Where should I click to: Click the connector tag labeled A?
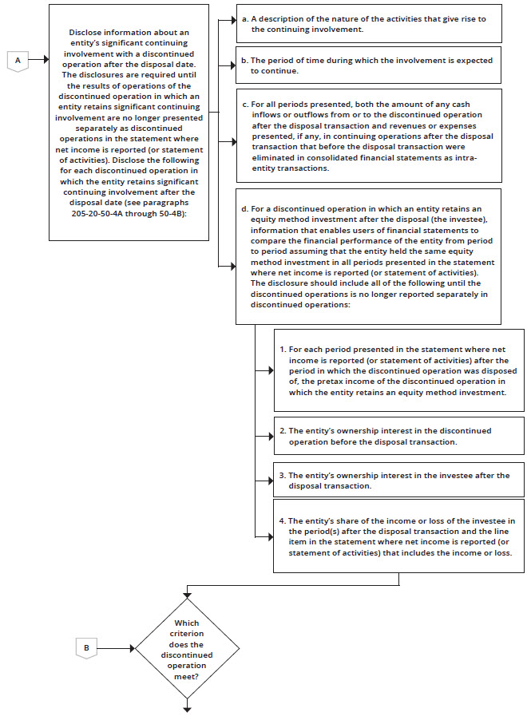pos(18,59)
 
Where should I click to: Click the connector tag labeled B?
pos(86,647)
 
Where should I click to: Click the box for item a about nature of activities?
pos(368,23)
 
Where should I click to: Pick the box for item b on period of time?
pos(368,65)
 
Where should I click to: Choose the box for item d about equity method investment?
pos(368,255)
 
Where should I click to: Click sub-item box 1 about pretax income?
pos(398,370)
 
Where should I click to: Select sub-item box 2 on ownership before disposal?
pos(398,436)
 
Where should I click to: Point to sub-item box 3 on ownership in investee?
pos(398,481)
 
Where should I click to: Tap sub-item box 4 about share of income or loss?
pos(398,536)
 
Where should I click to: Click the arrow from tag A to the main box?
pos(38,59)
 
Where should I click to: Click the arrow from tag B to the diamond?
pos(116,647)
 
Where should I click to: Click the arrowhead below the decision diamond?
pos(187,707)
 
